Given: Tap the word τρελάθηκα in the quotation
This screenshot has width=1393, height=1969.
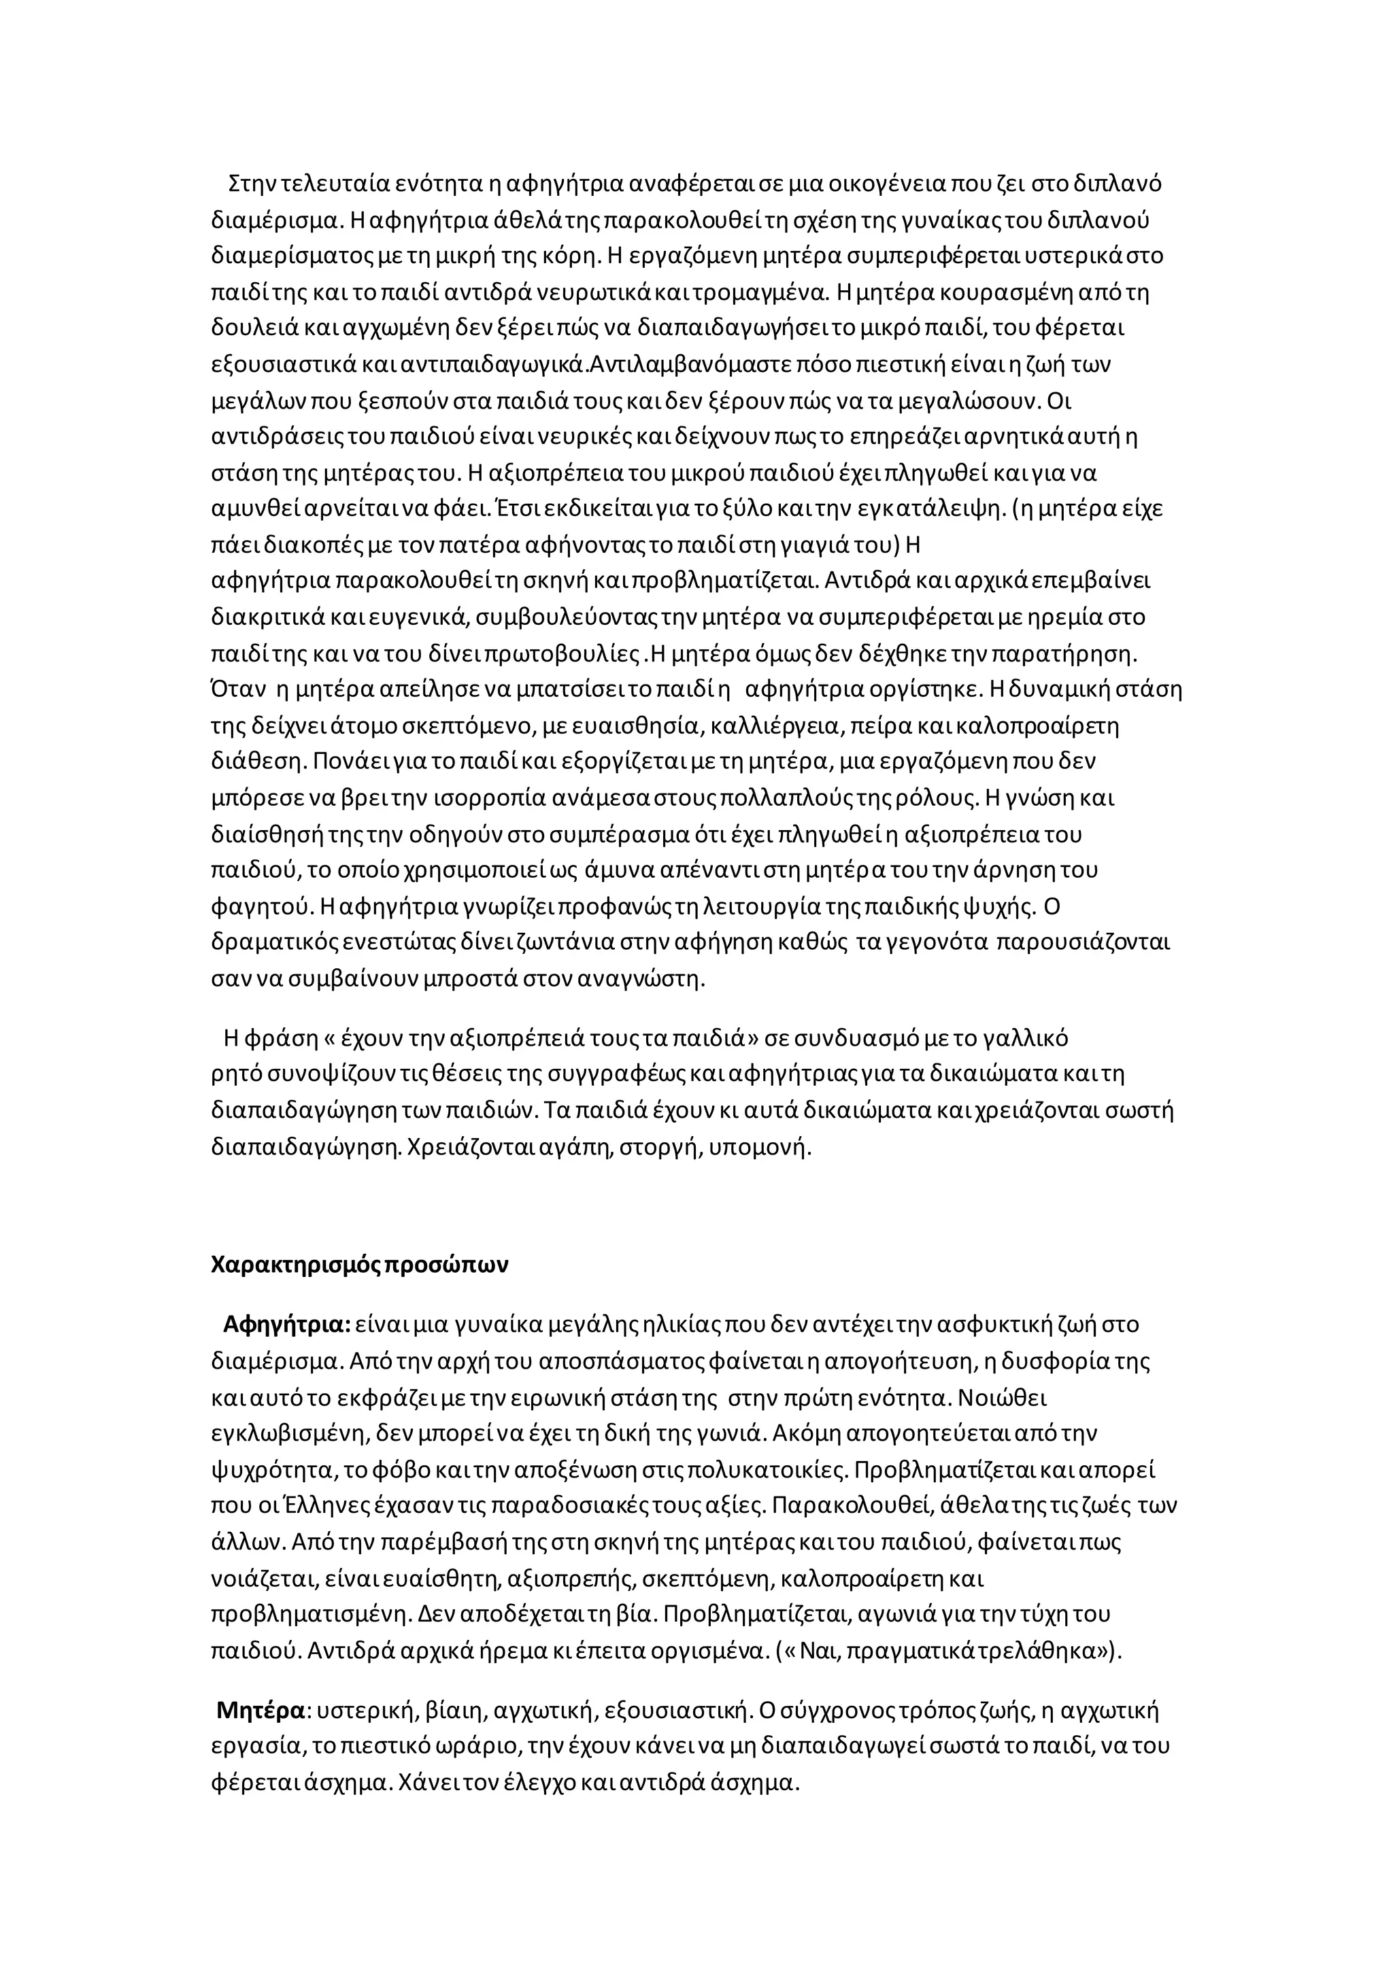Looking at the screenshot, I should point(1031,1651).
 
